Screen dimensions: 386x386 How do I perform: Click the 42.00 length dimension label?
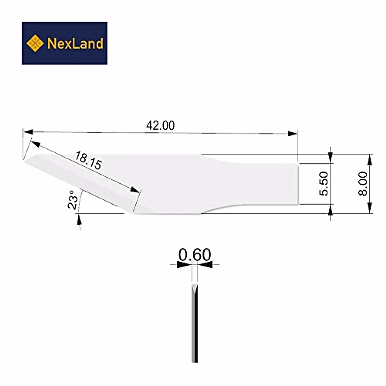click(x=160, y=125)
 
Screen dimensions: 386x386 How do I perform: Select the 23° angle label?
click(x=73, y=199)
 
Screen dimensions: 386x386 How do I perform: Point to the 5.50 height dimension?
click(x=323, y=183)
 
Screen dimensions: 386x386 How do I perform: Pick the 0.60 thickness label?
click(x=195, y=255)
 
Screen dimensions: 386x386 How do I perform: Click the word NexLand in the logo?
click(x=75, y=43)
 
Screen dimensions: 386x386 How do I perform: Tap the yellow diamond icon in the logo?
click(x=35, y=43)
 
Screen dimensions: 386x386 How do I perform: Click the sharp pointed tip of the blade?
click(x=24, y=160)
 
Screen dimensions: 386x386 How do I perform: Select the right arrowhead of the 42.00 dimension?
click(x=292, y=133)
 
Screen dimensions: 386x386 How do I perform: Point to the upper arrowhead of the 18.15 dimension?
click(x=35, y=144)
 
